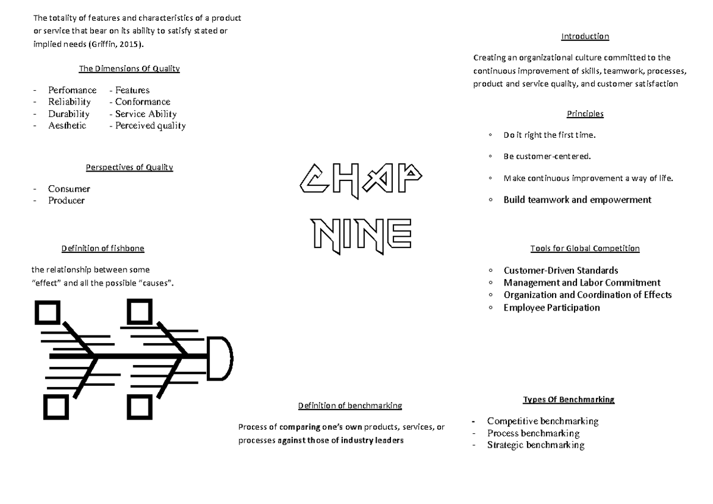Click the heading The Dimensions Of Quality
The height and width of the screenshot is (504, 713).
(129, 69)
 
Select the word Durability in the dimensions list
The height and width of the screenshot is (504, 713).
(69, 114)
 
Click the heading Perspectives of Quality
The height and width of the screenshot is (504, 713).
(129, 167)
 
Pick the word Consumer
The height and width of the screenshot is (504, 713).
(69, 189)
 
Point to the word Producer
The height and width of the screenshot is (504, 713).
(67, 201)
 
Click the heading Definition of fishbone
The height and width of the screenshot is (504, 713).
(103, 248)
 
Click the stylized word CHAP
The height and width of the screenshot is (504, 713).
(361, 179)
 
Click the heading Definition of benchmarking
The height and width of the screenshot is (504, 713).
(350, 405)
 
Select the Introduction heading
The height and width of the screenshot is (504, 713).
(585, 37)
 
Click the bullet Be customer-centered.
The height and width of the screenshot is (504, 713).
(547, 157)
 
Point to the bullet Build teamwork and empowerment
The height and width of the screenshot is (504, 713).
(577, 200)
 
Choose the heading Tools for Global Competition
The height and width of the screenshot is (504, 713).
(585, 248)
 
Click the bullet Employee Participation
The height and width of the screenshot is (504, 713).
(551, 308)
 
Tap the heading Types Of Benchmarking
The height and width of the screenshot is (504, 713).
(568, 400)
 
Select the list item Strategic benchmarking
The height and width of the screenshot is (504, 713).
(535, 445)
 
